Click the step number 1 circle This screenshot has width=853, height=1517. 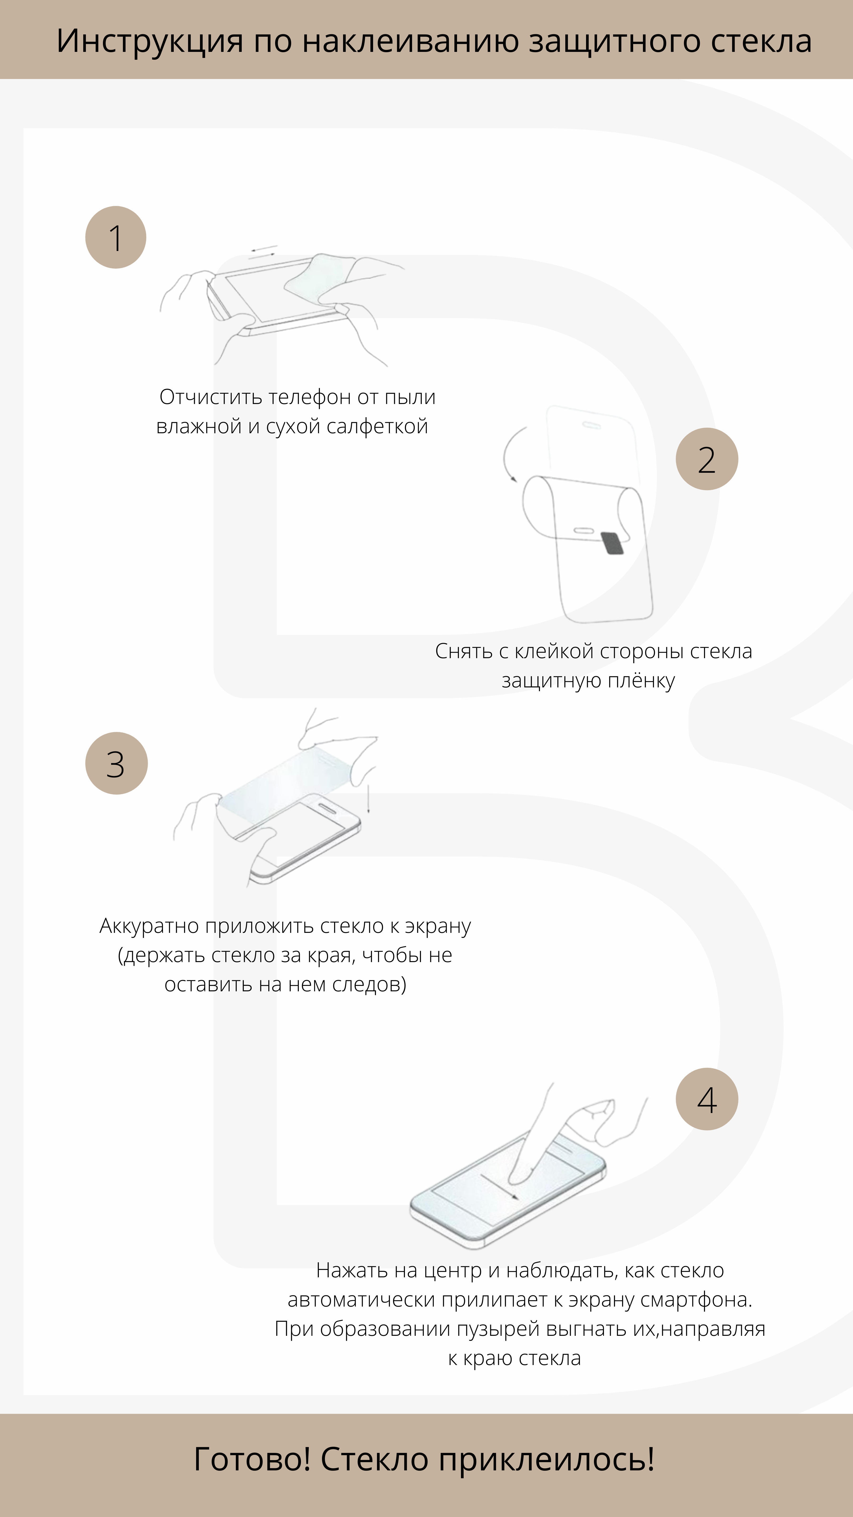[116, 237]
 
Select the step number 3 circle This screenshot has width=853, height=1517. [116, 763]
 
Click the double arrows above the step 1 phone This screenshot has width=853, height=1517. [262, 252]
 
